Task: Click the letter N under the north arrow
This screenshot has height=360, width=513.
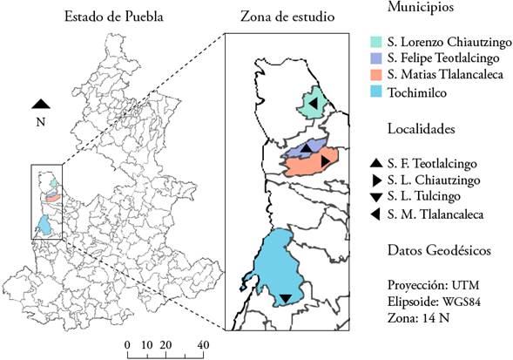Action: point(40,122)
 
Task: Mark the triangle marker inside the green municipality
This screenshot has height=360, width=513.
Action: point(311,104)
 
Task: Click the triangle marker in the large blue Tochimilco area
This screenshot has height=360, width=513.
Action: point(285,299)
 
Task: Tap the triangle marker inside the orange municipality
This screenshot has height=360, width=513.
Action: point(324,161)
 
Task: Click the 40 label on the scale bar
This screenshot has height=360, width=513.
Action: point(203,345)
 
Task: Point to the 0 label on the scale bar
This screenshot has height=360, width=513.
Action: point(128,345)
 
